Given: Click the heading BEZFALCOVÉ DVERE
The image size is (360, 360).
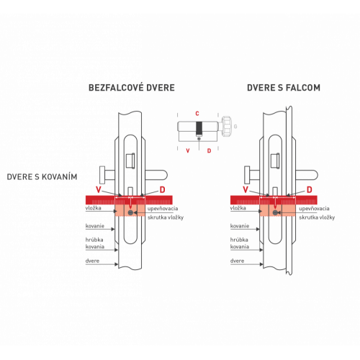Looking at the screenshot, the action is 132,88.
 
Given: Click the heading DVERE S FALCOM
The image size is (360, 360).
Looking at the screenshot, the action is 284,88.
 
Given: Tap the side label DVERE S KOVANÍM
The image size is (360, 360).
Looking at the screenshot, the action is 42,177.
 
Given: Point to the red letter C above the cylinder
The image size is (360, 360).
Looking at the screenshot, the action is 197,114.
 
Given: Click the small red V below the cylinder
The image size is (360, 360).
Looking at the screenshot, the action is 188,150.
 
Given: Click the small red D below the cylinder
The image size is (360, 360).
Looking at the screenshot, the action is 209,150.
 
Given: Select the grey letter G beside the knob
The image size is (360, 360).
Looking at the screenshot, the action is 235,127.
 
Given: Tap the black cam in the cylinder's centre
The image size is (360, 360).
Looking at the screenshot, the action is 199,128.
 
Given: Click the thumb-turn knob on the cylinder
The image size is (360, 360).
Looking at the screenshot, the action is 226,126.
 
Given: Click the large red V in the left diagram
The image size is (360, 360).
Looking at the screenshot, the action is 99,190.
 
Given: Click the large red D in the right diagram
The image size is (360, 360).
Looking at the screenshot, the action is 310,190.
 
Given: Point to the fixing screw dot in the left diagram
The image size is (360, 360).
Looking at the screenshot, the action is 130,212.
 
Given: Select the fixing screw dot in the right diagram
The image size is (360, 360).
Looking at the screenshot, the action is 275,212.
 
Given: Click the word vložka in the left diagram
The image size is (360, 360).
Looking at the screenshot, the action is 93,208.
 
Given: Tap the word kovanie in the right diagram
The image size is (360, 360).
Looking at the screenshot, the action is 240,226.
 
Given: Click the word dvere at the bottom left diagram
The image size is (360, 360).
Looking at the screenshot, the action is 92,261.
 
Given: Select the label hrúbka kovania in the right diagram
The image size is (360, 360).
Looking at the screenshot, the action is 240,243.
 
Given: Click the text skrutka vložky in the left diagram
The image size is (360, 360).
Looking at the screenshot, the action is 166,217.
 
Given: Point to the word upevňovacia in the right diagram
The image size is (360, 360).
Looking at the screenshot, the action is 314,209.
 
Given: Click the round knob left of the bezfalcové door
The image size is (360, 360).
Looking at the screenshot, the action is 102,175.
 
